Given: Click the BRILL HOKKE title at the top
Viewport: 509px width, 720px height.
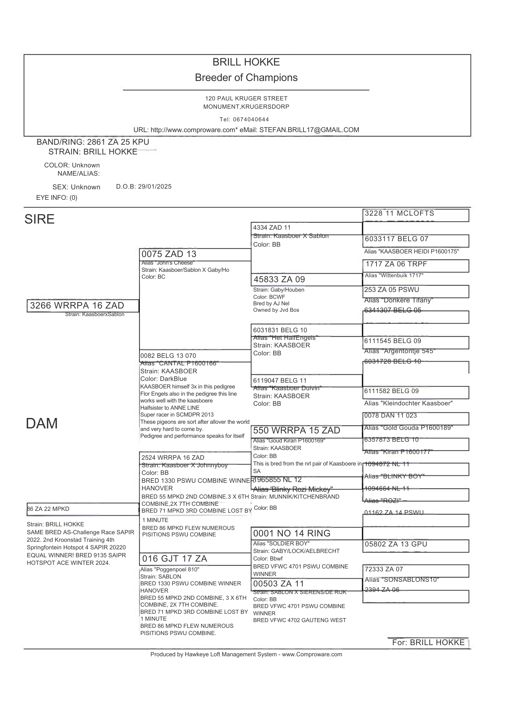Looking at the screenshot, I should pyautogui.click(x=246, y=62).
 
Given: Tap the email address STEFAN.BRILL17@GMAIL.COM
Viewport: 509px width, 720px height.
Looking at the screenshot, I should pyautogui.click(x=309, y=130).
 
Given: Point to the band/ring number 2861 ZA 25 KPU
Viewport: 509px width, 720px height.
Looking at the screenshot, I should pyautogui.click(x=118, y=142).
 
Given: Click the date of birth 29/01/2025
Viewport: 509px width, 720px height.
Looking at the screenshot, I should pyautogui.click(x=155, y=186).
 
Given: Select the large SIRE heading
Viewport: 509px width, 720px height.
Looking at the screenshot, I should pyautogui.click(x=40, y=219).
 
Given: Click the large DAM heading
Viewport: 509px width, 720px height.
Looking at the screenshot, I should pyautogui.click(x=42, y=423).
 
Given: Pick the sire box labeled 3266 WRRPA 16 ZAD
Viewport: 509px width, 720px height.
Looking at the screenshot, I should pyautogui.click(x=77, y=306).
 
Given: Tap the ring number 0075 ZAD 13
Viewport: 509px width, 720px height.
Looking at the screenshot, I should pyautogui.click(x=169, y=254).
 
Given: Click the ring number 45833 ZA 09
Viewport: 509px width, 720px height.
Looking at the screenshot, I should pyautogui.click(x=279, y=279).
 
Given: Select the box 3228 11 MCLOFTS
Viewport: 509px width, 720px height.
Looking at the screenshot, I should pyautogui.click(x=400, y=213).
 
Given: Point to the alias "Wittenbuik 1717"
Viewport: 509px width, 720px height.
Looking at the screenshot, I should pyautogui.click(x=394, y=275).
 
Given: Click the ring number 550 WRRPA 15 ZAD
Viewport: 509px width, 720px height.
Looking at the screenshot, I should pyautogui.click(x=297, y=431).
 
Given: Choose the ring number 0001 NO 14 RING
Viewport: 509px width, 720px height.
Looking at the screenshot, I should pyautogui.click(x=292, y=533).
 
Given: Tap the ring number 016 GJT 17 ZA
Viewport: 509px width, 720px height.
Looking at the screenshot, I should pyautogui.click(x=175, y=559).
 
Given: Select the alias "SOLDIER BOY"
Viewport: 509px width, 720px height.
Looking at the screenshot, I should pyautogui.click(x=281, y=544).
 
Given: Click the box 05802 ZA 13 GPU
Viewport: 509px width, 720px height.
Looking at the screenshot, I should pyautogui.click(x=396, y=544).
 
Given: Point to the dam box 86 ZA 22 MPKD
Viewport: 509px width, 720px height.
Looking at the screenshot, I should pyautogui.click(x=48, y=509).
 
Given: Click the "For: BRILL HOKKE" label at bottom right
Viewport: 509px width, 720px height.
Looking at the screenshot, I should pyautogui.click(x=428, y=643).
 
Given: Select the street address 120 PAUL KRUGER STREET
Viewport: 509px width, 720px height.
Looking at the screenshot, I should pyautogui.click(x=246, y=98).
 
